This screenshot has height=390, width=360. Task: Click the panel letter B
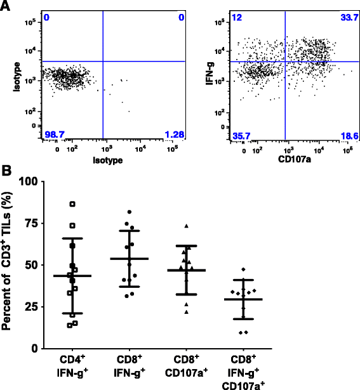coord(6,171)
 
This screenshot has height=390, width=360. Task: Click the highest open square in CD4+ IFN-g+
coord(72,204)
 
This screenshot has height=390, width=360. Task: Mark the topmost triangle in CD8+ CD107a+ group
coord(186,226)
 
